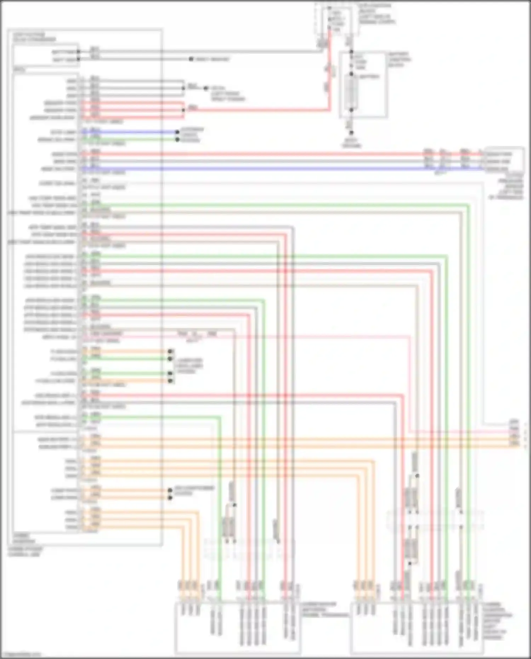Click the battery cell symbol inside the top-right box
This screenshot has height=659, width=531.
tap(352, 92)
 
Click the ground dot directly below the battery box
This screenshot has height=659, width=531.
tap(352, 133)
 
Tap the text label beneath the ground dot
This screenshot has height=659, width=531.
tap(352, 143)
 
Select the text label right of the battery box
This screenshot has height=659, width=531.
tap(399, 59)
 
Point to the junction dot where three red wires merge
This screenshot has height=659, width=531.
tap(183, 110)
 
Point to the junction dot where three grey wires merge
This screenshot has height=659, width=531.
tap(183, 88)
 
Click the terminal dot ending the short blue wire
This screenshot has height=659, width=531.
tap(177, 132)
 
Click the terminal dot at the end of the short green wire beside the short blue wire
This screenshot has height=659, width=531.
tap(177, 140)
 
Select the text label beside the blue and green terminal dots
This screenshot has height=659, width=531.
tap(191, 135)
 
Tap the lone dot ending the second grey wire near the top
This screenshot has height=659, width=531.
tap(191, 59)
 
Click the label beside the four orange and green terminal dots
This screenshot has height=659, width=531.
tap(190, 365)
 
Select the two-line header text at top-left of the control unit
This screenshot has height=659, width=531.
tap(34, 37)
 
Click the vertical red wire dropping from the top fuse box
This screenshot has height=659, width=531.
tap(330, 71)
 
